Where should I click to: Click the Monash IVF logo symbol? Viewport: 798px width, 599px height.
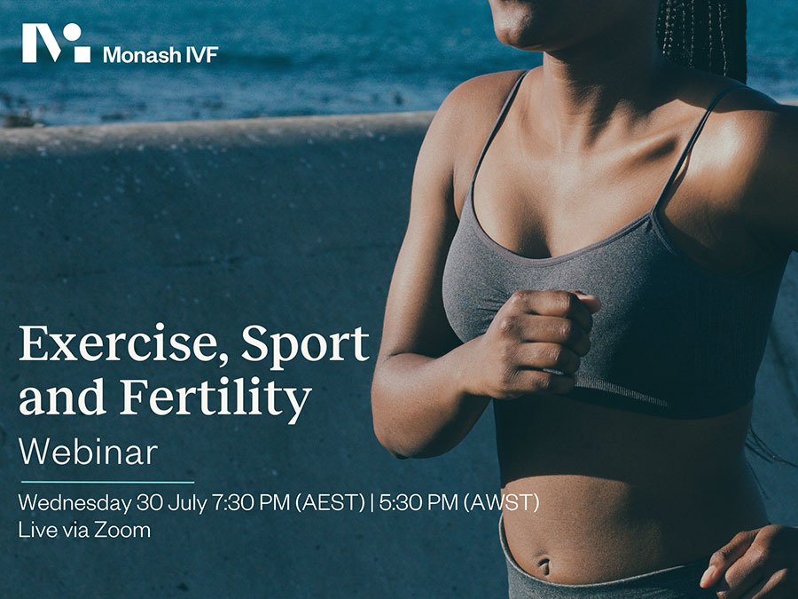tap(56, 43)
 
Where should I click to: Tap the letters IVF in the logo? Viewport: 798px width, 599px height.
tap(202, 54)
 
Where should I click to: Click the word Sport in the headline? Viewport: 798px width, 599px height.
tap(305, 346)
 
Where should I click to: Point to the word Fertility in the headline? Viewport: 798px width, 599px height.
tap(215, 398)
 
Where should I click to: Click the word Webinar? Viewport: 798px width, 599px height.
tap(88, 452)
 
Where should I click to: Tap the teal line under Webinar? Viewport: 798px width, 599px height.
tap(107, 482)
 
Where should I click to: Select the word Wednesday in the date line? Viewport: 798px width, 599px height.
tap(74, 503)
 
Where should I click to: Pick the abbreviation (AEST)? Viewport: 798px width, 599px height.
tap(331, 503)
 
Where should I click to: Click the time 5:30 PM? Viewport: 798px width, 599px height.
tap(419, 503)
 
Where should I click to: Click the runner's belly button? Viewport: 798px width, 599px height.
tap(544, 565)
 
